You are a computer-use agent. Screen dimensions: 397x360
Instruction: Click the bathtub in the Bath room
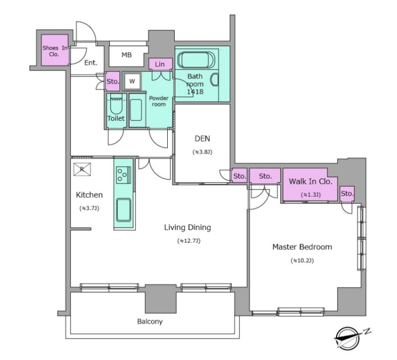click(x=196, y=60)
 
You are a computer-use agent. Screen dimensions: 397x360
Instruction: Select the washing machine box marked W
click(x=132, y=81)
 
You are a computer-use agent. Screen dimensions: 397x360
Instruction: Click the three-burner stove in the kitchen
click(x=124, y=175)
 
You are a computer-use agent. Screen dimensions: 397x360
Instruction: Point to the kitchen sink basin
click(x=124, y=210)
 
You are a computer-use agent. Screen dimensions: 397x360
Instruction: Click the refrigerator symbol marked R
click(x=82, y=169)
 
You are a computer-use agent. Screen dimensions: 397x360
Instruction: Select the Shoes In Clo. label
click(x=55, y=51)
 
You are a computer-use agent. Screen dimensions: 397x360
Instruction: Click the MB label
click(x=127, y=55)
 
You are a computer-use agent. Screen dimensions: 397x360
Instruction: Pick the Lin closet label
click(x=160, y=64)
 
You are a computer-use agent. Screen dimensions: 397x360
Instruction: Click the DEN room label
click(x=202, y=138)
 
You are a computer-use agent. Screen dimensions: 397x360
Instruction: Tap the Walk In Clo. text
click(x=311, y=181)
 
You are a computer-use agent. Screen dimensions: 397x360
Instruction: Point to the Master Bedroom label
click(x=302, y=247)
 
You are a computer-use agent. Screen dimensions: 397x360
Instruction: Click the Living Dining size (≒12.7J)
click(x=189, y=241)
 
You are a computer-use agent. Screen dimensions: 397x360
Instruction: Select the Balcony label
click(x=150, y=321)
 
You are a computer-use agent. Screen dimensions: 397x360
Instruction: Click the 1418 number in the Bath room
click(x=195, y=92)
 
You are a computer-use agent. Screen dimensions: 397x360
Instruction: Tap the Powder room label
click(x=159, y=101)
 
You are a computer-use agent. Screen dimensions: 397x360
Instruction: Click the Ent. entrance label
click(x=91, y=63)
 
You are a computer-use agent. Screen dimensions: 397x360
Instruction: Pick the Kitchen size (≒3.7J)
click(x=89, y=208)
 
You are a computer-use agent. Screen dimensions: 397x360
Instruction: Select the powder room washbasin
click(x=136, y=110)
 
